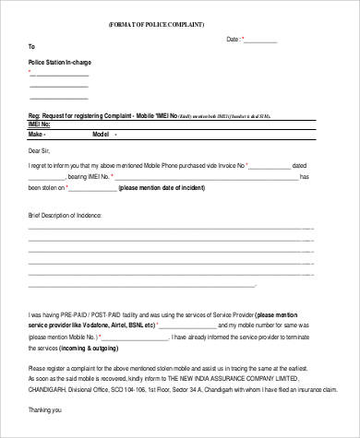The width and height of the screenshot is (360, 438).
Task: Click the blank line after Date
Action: tap(260, 41)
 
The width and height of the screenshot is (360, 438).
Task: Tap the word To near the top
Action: tap(32, 46)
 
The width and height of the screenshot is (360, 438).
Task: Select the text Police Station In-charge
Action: tap(60, 62)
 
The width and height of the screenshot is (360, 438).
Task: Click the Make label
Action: tap(36, 134)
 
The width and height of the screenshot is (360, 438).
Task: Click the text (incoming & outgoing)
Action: tap(91, 349)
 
